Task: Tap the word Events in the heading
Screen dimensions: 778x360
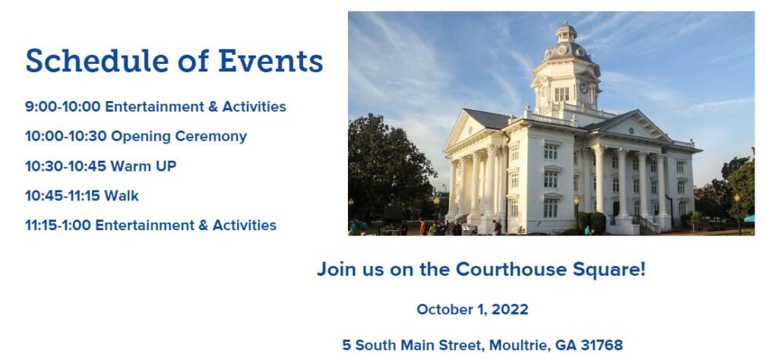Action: (270, 61)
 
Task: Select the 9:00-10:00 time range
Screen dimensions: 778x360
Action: (62, 106)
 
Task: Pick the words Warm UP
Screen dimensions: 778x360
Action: (144, 166)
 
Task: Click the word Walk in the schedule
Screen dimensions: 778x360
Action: (122, 196)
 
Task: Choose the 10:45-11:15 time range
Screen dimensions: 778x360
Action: (62, 196)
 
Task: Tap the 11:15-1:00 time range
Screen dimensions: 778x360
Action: (58, 225)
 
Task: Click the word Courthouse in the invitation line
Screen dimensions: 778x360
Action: (511, 270)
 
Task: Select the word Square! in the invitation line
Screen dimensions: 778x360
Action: (609, 270)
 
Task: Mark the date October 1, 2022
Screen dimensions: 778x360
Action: (473, 309)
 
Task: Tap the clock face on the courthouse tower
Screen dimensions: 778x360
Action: (583, 88)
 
